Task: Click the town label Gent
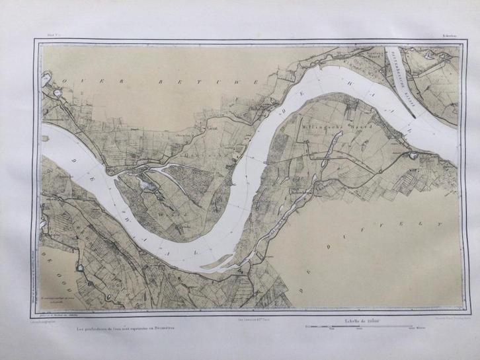[213, 129]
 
